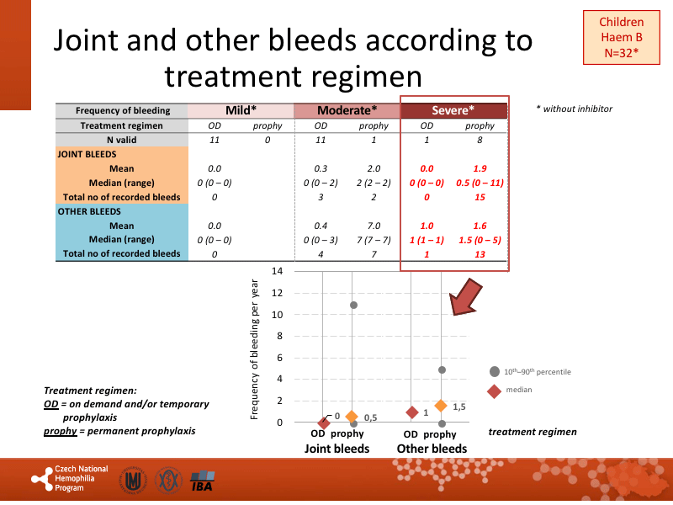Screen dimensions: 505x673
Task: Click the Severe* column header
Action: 453,110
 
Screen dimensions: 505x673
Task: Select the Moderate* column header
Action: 347,110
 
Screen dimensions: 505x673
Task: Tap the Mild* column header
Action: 241,110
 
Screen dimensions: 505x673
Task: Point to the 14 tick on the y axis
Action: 277,271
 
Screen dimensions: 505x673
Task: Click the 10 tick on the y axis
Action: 277,315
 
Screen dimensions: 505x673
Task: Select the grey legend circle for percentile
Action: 495,371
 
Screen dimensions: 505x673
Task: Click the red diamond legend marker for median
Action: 495,390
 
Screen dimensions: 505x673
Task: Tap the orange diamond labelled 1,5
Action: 442,407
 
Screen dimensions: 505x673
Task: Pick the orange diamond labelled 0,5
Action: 352,417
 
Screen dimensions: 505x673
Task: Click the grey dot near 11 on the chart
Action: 353,305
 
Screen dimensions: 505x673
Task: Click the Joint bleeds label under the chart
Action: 336,449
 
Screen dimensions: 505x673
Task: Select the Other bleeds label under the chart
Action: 432,449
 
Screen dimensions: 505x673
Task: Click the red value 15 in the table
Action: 480,197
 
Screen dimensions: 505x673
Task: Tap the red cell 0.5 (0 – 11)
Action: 480,183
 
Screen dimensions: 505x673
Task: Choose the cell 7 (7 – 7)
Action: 374,239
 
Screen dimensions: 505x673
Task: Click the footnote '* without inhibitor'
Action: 574,109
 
